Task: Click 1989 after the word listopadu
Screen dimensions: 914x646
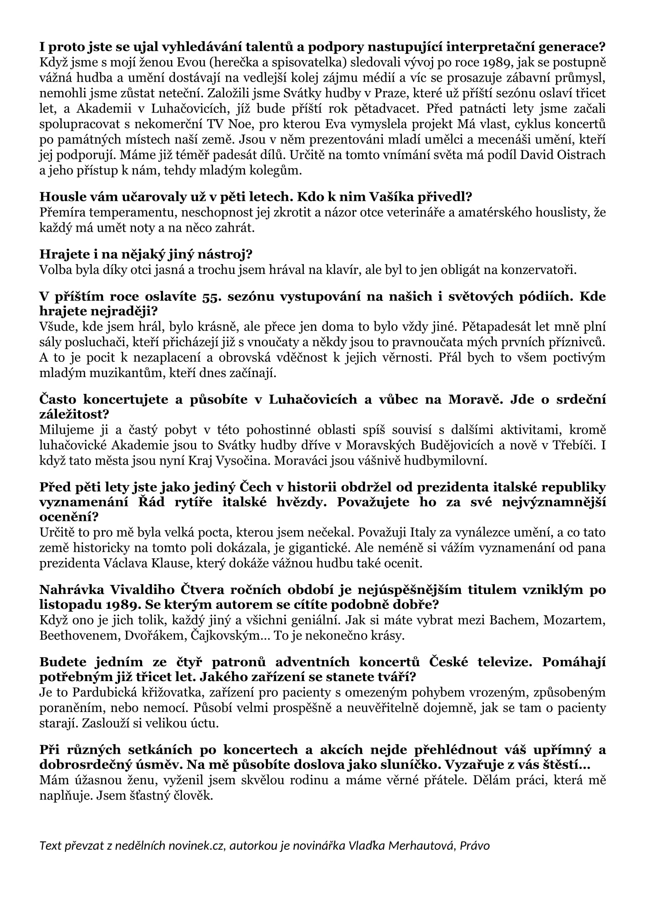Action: point(124,605)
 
